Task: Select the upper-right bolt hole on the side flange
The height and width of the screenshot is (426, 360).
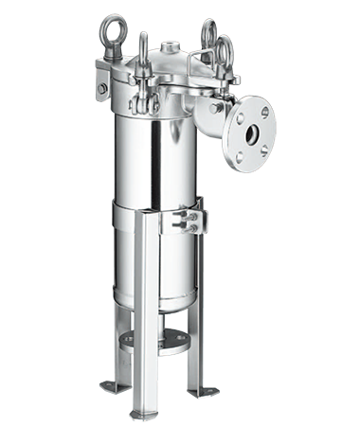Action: (264, 113)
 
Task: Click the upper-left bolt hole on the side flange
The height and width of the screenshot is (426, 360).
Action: (240, 115)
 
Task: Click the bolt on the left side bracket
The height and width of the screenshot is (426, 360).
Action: (102, 88)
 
